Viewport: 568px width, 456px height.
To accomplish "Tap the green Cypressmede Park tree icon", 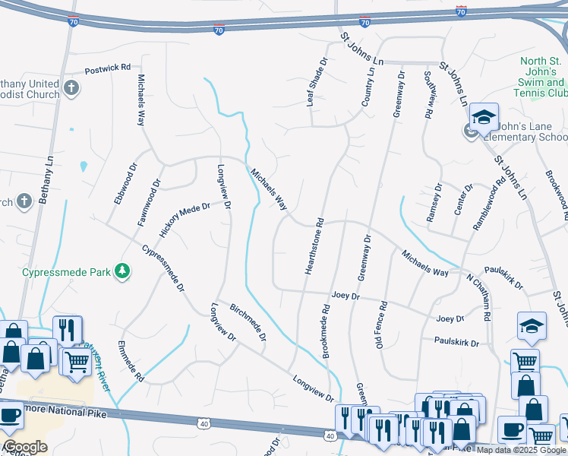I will pyautogui.click(x=121, y=271).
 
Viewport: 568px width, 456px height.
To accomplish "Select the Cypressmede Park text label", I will pyautogui.click(x=66, y=271).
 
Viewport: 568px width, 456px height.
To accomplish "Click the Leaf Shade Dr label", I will pyautogui.click(x=317, y=81).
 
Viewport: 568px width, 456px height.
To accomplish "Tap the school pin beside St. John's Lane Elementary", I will pyautogui.click(x=483, y=118).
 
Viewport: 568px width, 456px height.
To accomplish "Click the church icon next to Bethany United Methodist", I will pyautogui.click(x=72, y=87).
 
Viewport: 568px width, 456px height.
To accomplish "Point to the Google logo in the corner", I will pyautogui.click(x=25, y=447).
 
